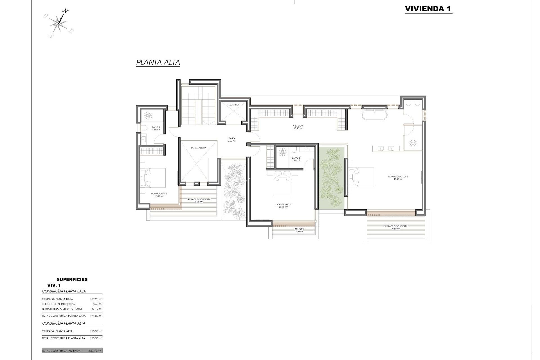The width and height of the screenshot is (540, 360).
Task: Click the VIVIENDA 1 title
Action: point(428,9)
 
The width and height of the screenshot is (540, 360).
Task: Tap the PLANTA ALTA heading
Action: point(158,62)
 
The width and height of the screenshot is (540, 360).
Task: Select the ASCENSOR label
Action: point(234,105)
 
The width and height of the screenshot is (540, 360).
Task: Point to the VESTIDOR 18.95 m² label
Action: point(298,127)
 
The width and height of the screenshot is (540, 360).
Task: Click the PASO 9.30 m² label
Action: point(232,139)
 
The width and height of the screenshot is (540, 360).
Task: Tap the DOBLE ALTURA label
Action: point(199,148)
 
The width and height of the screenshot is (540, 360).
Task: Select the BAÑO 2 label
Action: point(156,128)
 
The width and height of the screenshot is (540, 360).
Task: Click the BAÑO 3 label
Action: point(296,159)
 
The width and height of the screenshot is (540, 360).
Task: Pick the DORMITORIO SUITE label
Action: point(398,178)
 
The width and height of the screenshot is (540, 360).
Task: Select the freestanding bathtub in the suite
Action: point(374,115)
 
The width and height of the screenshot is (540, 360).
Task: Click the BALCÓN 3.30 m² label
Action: point(299,230)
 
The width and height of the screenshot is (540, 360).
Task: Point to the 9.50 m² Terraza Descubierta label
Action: point(396,228)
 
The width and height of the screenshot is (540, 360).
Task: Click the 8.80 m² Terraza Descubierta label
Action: point(199,201)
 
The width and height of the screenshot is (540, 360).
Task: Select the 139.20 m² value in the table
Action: point(97,299)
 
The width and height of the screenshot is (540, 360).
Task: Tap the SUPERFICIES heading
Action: point(72,280)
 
